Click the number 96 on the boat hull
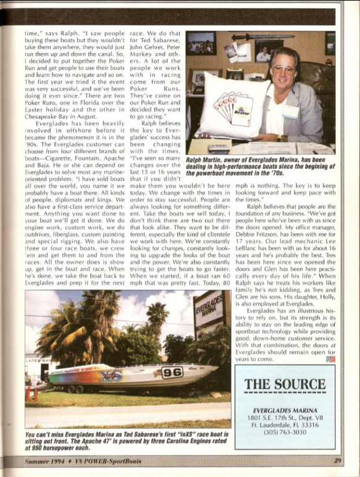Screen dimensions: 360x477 pos(172,372)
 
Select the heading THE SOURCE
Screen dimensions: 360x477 pos(285,384)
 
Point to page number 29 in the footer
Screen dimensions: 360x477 pos(338,460)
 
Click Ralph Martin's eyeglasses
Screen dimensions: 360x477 pos(283,68)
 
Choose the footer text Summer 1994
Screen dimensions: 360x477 pos(45,460)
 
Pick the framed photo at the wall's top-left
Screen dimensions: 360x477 pos(201,43)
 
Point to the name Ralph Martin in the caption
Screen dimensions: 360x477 pos(207,160)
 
